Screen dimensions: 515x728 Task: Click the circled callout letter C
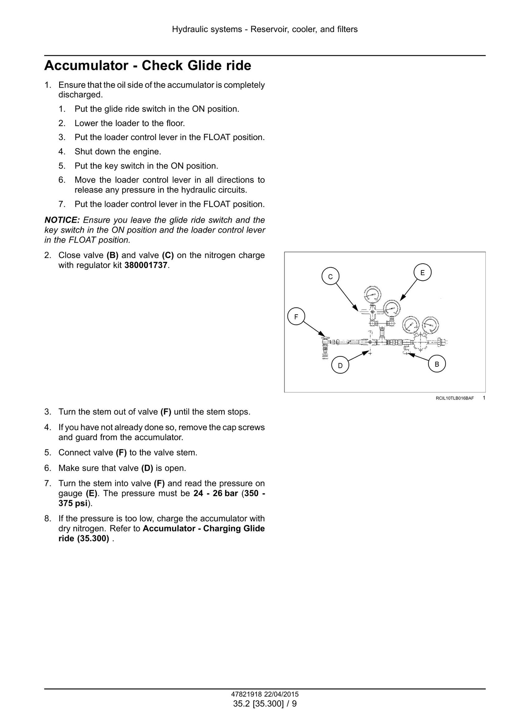point(330,277)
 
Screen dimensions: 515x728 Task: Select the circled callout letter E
point(422,273)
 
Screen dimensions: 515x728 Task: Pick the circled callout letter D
point(340,365)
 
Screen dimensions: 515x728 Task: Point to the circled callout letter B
point(437,364)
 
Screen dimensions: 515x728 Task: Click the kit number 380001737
point(146,265)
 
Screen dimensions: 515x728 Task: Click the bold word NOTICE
point(62,220)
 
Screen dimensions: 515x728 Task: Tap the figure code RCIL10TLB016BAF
point(455,398)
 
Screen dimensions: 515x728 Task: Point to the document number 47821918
point(246,694)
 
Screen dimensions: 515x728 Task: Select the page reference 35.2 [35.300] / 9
point(265,704)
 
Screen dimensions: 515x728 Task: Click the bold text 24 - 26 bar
point(216,494)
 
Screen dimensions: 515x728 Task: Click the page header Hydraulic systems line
point(265,30)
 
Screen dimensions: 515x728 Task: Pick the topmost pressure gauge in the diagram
point(372,294)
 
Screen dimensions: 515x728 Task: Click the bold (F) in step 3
point(166,412)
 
